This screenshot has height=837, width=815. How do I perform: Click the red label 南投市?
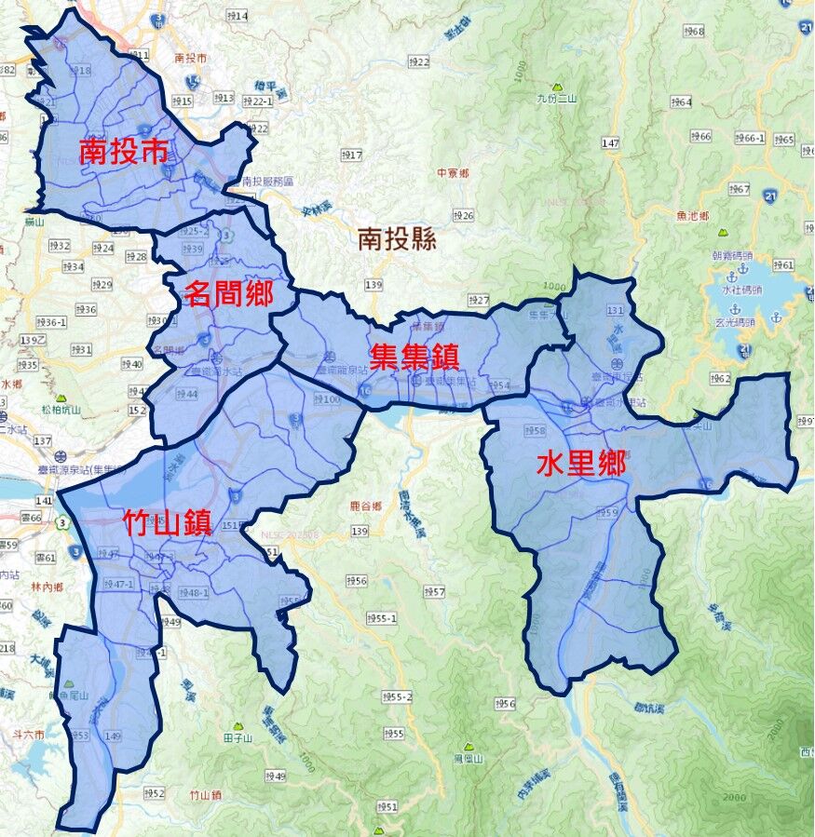click(x=123, y=151)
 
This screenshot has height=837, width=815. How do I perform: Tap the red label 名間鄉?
click(x=229, y=294)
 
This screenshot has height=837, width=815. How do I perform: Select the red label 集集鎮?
click(x=414, y=358)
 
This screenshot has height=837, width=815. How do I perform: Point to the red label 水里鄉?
click(x=580, y=464)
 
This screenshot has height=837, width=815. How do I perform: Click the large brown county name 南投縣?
click(x=397, y=240)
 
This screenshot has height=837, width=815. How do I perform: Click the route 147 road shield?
click(x=610, y=142)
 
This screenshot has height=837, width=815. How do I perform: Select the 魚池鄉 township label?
click(x=693, y=216)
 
